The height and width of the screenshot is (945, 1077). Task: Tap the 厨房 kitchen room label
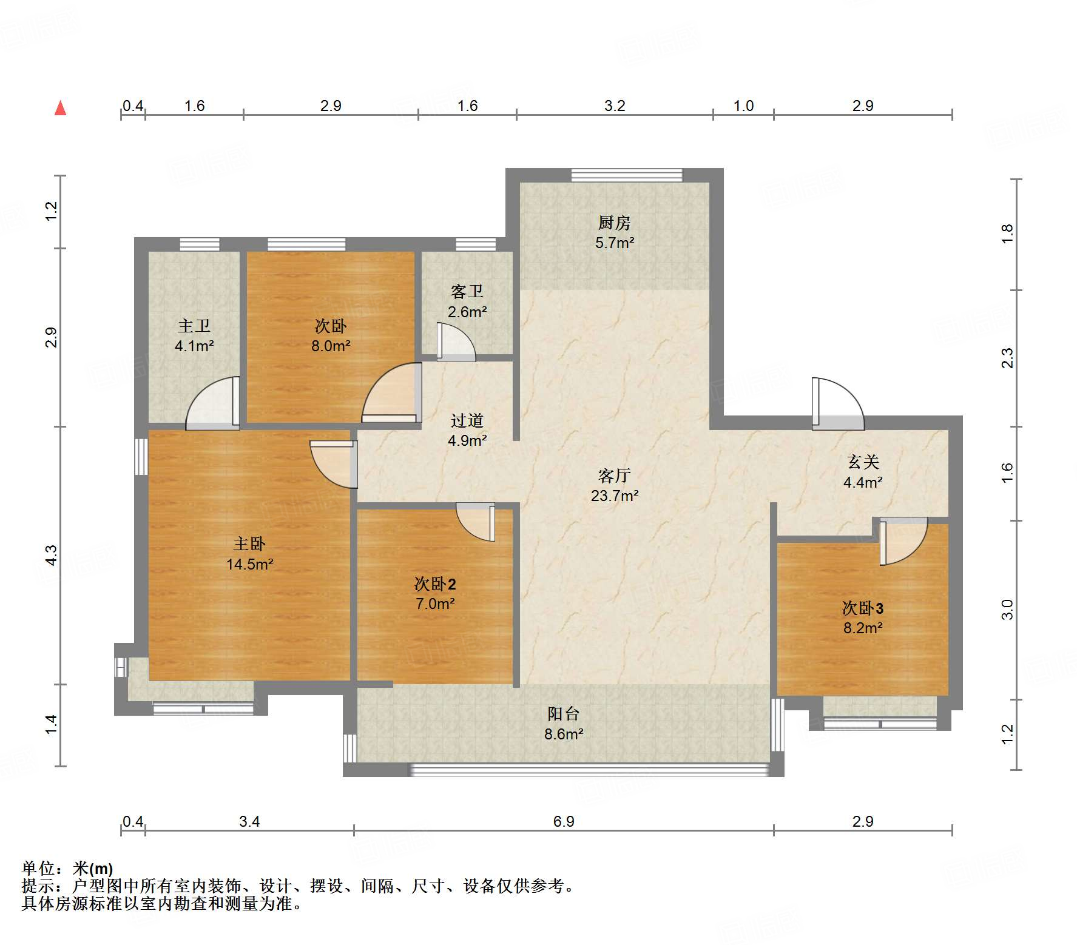pyautogui.click(x=614, y=223)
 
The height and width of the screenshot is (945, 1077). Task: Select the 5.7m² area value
pyautogui.click(x=615, y=243)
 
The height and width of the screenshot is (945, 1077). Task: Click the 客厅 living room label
pyautogui.click(x=614, y=476)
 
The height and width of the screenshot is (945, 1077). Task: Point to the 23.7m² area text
pyautogui.click(x=615, y=496)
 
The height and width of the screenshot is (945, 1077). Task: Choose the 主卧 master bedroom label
pyautogui.click(x=249, y=545)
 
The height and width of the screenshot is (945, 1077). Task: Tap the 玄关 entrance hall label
pyautogui.click(x=863, y=463)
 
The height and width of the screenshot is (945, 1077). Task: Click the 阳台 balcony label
pyautogui.click(x=564, y=715)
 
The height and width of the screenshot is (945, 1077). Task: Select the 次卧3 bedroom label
pyautogui.click(x=863, y=608)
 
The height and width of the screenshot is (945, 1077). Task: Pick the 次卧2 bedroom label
pyautogui.click(x=435, y=584)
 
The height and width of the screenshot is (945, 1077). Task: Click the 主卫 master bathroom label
pyautogui.click(x=194, y=326)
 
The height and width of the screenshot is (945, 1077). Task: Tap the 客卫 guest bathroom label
pyautogui.click(x=467, y=292)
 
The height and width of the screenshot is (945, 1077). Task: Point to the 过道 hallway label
pyautogui.click(x=467, y=421)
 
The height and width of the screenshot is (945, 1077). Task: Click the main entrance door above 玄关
pyautogui.click(x=838, y=403)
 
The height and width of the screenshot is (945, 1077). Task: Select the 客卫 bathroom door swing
pyautogui.click(x=456, y=342)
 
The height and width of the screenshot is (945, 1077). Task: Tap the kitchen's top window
pyautogui.click(x=627, y=175)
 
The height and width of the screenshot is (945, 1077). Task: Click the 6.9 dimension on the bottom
pyautogui.click(x=564, y=822)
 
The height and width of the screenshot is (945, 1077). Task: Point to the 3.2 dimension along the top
pyautogui.click(x=615, y=106)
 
